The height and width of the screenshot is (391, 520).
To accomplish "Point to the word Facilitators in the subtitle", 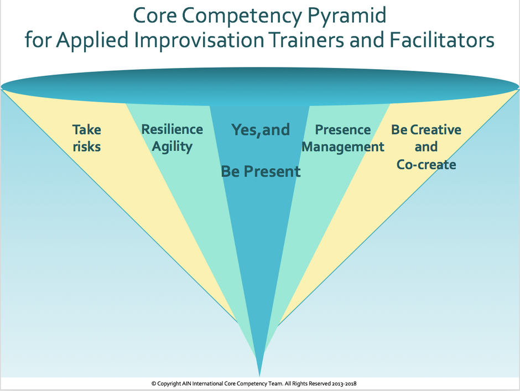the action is [442, 39].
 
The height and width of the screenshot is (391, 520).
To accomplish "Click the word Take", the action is [87, 129].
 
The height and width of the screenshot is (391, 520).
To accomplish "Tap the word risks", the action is [87, 147].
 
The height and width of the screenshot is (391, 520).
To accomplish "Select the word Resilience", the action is [172, 129].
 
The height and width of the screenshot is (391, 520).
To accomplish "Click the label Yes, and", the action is [261, 129].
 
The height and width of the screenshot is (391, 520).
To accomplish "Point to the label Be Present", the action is [261, 171].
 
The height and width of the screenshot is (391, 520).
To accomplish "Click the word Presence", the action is [343, 129].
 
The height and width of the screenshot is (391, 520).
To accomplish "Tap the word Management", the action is [343, 147].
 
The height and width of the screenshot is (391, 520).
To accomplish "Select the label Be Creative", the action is [426, 129].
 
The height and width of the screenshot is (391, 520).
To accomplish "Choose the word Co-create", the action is [426, 164].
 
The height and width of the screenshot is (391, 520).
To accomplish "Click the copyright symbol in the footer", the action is [154, 384].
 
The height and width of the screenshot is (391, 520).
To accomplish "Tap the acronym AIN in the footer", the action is [186, 384].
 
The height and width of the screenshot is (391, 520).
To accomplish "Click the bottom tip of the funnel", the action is [259, 377].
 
